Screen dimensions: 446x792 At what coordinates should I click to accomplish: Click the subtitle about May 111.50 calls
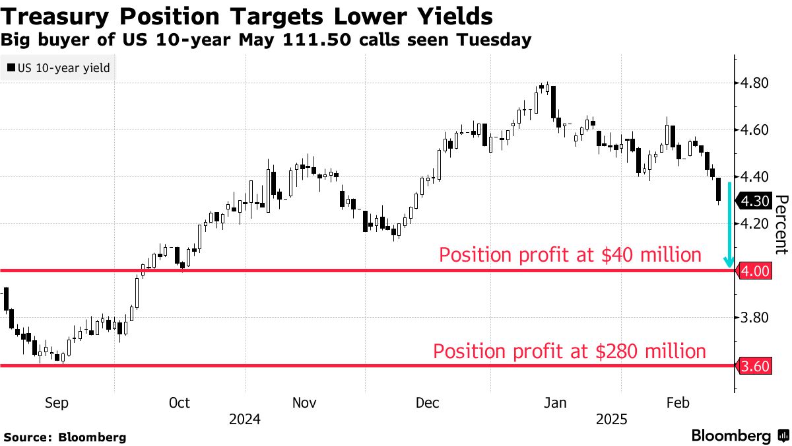[266, 40]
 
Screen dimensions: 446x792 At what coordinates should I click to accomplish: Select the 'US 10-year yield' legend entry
[58, 67]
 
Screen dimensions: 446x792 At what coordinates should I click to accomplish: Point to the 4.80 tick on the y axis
[752, 83]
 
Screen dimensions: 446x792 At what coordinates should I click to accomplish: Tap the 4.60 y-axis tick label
[752, 130]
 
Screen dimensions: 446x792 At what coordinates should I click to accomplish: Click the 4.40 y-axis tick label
[752, 177]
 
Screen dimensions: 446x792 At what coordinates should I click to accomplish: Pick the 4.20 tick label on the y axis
[752, 224]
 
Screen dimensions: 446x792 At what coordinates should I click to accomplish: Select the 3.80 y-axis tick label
[752, 318]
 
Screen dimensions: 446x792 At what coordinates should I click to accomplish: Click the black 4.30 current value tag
[753, 201]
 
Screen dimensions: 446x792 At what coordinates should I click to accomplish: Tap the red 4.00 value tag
[753, 271]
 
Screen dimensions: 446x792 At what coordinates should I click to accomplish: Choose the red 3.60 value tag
[753, 365]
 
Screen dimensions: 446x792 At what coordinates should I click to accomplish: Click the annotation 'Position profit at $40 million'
[570, 255]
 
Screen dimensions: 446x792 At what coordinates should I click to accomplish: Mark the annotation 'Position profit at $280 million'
[569, 351]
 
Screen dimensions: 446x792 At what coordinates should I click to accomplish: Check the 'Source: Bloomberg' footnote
[65, 437]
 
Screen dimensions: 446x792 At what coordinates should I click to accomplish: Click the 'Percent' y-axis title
[781, 225]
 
